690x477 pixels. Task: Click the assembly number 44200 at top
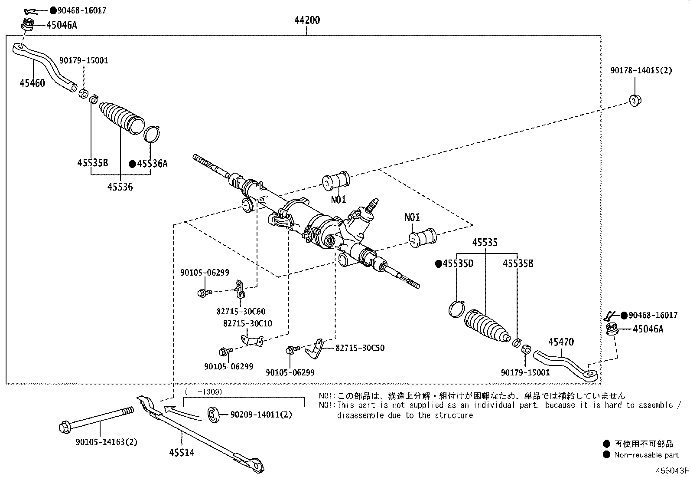point(307,20)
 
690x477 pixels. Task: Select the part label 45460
point(32,83)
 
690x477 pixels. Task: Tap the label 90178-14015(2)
point(641,70)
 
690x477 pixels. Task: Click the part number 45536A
point(152,164)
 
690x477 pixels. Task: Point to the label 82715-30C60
point(241,311)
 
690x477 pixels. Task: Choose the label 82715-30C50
point(360,348)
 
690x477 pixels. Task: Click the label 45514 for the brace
point(182,453)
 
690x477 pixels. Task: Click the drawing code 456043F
point(671,471)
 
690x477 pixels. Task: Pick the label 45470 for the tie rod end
point(561,342)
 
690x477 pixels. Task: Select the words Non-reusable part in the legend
point(646,455)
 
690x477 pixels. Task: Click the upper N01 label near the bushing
point(338,199)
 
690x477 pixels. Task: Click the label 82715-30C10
point(247,324)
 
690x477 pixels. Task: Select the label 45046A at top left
point(62,25)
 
